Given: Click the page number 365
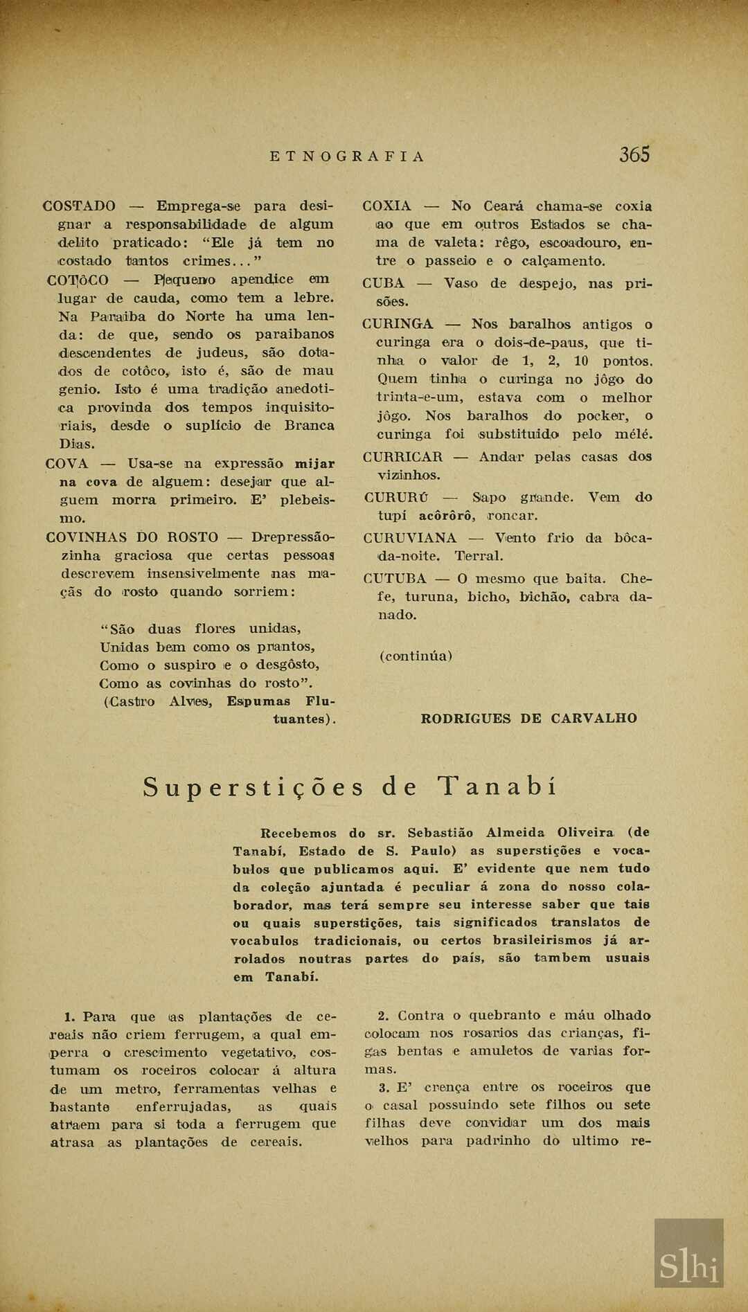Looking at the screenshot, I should tap(634, 154).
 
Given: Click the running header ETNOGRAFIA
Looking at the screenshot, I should tap(346, 156).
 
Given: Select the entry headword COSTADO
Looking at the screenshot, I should tap(79, 206).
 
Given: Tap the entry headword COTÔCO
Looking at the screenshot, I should tap(78, 280).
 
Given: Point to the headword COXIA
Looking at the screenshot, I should tap(386, 206).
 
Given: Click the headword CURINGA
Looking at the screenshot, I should tap(398, 324).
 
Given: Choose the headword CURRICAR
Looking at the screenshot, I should tap(402, 457).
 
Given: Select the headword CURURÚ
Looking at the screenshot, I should tap(396, 498).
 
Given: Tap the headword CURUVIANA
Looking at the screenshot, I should tap(409, 538).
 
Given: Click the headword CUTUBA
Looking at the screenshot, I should tap(395, 579).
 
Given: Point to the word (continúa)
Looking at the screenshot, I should tap(416, 656).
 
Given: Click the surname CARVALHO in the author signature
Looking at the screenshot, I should tap(594, 719).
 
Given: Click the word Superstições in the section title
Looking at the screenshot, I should tap(253, 788).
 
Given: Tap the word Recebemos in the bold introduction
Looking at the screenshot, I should tap(298, 834).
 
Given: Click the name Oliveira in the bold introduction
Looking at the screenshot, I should tap(585, 833).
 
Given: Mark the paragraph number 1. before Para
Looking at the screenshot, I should tap(69, 1017).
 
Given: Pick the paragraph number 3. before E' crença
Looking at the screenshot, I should tap(384, 1088).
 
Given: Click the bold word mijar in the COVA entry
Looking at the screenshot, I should tap(314, 464).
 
